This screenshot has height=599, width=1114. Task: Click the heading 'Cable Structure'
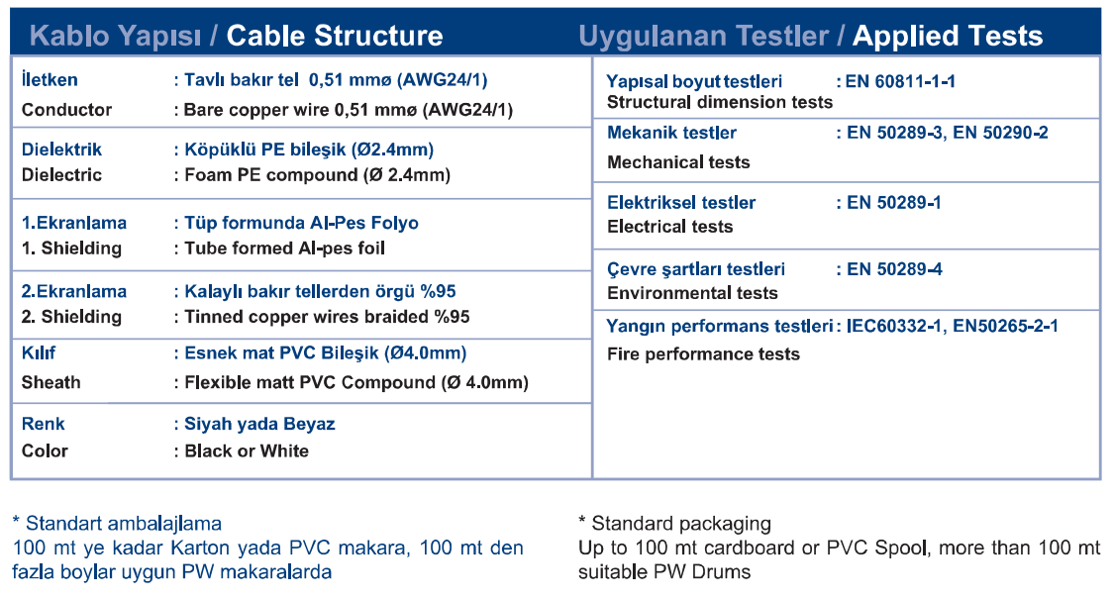click(335, 36)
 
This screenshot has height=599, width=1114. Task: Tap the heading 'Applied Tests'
click(948, 37)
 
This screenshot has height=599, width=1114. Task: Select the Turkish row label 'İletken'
click(50, 79)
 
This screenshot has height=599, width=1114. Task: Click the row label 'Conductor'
click(66, 110)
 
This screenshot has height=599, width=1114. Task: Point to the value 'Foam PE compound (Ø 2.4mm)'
click(318, 175)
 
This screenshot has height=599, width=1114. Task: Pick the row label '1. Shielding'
click(71, 248)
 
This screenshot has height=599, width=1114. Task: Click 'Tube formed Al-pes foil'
click(285, 248)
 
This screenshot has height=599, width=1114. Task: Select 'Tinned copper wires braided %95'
click(328, 316)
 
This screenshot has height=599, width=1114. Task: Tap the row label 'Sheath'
click(51, 382)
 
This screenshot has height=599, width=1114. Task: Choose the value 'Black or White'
click(247, 450)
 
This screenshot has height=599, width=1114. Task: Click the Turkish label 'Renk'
click(44, 424)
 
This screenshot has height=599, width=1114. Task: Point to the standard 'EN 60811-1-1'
click(901, 81)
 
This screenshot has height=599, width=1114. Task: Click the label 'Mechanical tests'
click(678, 162)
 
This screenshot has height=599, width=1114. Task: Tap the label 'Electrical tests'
click(670, 227)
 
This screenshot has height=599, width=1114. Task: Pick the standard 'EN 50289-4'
click(894, 269)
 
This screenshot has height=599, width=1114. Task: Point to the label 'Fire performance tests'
click(703, 353)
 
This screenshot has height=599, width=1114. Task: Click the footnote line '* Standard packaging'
click(675, 524)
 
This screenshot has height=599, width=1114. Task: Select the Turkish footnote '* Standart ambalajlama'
click(117, 524)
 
